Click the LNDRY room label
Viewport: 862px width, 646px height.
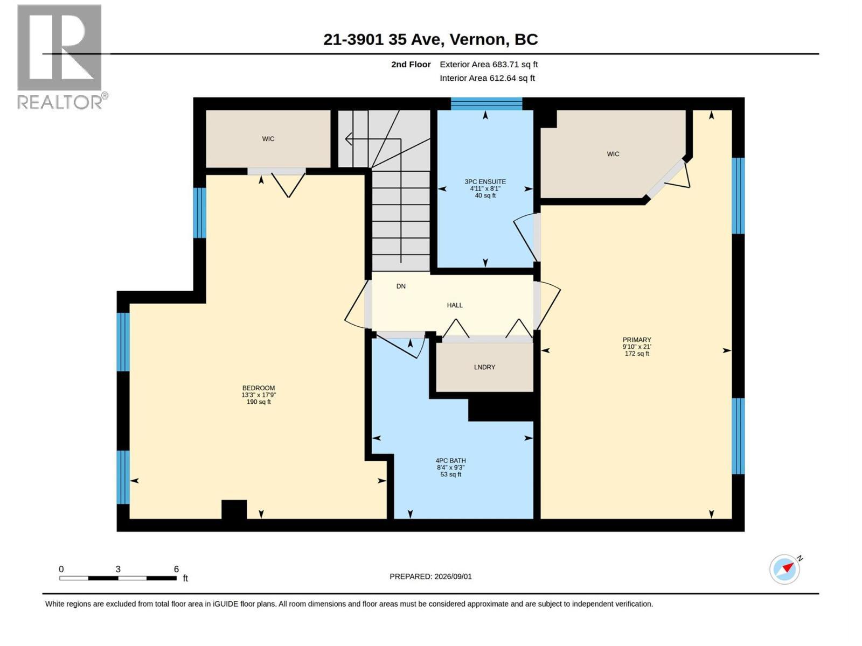(x=484, y=367)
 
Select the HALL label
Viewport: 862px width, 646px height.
(x=455, y=305)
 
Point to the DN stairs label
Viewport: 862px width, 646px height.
(x=401, y=286)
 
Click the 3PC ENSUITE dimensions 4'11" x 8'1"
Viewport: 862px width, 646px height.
(x=485, y=188)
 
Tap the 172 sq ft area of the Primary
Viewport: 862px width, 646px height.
(x=637, y=354)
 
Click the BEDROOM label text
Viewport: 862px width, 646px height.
(x=259, y=388)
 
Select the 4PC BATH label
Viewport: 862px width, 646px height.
(x=451, y=460)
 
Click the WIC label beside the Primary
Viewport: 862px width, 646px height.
(x=613, y=154)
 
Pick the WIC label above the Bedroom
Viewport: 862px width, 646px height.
(x=268, y=139)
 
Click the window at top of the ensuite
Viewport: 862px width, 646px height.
(x=486, y=104)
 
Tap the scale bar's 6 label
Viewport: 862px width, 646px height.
(x=176, y=569)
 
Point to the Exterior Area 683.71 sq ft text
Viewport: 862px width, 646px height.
(x=489, y=64)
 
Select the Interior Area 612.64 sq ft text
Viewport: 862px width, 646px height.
(x=487, y=78)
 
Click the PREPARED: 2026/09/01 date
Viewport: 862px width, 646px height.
(x=430, y=577)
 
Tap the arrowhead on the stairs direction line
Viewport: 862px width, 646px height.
(x=349, y=139)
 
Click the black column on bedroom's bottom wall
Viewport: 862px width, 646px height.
(x=234, y=509)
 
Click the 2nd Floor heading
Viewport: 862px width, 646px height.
(x=411, y=64)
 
